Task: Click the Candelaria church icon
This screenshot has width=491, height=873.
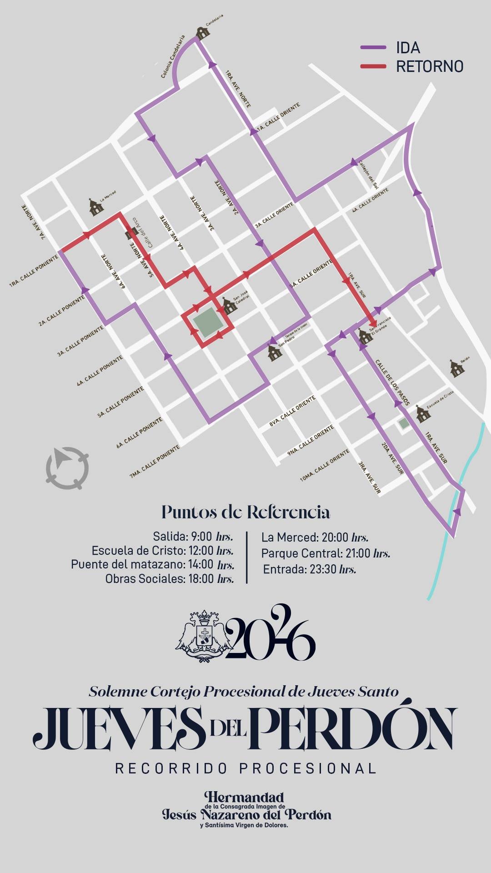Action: click(x=203, y=32)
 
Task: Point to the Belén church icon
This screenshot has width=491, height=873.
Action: click(x=457, y=368)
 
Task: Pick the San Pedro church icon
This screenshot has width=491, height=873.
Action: click(x=275, y=353)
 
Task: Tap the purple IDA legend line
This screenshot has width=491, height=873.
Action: click(x=373, y=47)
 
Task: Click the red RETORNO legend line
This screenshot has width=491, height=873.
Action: click(x=373, y=66)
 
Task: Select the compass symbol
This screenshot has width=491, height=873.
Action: click(x=67, y=468)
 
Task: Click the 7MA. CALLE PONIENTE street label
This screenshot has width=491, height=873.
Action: click(x=155, y=462)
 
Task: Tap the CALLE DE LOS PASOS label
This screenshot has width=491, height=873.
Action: click(x=392, y=382)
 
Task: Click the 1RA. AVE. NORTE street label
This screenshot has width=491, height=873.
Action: click(x=238, y=89)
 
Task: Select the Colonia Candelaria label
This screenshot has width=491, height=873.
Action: click(x=173, y=56)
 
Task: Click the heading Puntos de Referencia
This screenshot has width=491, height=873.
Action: click(x=245, y=512)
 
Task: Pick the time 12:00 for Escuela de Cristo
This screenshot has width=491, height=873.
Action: click(x=201, y=551)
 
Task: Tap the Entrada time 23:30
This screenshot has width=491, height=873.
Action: click(x=322, y=569)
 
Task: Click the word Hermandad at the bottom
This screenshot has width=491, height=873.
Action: click(x=244, y=797)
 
